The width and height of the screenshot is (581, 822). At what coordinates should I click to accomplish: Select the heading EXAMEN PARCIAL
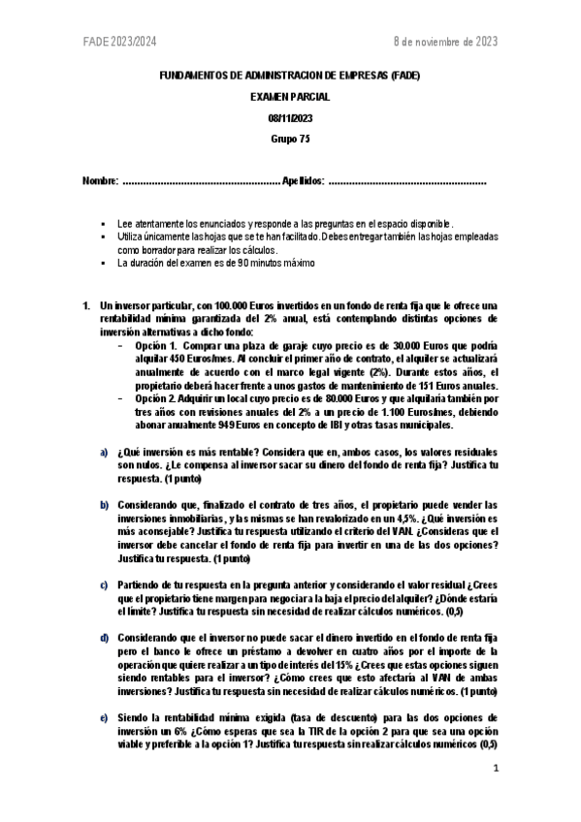(290, 97)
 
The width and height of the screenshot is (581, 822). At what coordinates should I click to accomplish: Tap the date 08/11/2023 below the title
(290, 117)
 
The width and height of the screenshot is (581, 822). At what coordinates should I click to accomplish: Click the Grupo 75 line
(290, 138)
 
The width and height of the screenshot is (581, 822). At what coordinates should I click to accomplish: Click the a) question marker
(105, 453)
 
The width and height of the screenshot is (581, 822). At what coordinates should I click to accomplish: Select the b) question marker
(105, 506)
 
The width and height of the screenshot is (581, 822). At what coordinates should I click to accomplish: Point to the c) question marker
(105, 585)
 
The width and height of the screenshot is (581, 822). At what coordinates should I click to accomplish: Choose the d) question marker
(105, 639)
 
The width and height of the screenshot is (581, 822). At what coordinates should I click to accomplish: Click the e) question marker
(105, 718)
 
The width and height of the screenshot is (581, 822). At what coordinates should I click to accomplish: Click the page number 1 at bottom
(495, 770)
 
